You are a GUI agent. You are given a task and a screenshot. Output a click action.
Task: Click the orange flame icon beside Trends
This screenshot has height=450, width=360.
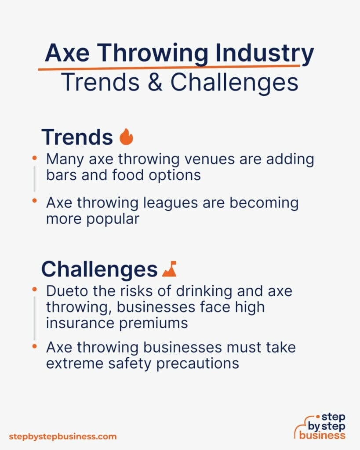tap(126, 137)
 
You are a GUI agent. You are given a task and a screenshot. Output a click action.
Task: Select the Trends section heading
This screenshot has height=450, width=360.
tap(77, 137)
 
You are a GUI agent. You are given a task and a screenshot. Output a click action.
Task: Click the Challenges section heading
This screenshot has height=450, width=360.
tap(99, 269)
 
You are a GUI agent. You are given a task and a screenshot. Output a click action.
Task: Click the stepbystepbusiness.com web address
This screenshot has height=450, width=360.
tap(63, 436)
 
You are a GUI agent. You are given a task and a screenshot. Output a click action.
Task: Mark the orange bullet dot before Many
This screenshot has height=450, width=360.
tap(34, 156)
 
